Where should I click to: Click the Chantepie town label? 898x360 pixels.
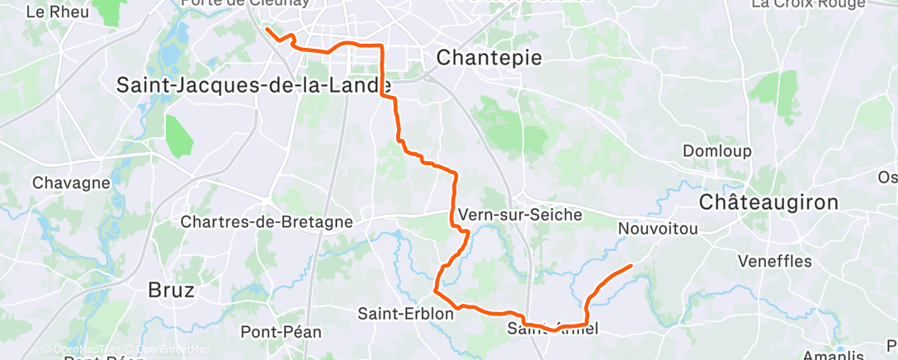tap(489, 58)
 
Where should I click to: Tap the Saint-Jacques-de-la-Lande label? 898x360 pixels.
tap(254, 84)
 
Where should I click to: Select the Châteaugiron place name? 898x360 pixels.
tap(768, 202)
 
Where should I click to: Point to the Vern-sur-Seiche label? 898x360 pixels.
tap(520, 215)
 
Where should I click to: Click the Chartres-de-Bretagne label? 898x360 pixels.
tap(266, 222)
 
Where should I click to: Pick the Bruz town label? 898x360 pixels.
tap(172, 290)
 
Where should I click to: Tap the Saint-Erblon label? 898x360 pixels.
tap(395, 314)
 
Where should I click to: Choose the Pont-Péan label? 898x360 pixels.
tap(281, 332)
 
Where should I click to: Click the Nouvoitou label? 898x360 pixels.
tap(658, 228)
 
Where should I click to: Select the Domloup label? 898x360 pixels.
tap(717, 151)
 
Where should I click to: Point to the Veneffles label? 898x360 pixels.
tap(775, 261)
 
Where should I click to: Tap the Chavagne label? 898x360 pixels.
tap(71, 182)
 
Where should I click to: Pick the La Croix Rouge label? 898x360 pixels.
tap(807, 4)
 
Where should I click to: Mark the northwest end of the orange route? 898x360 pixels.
tap(267, 30)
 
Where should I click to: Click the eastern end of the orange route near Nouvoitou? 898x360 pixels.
tap(631, 266)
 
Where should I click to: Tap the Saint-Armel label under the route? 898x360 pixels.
tap(551, 329)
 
